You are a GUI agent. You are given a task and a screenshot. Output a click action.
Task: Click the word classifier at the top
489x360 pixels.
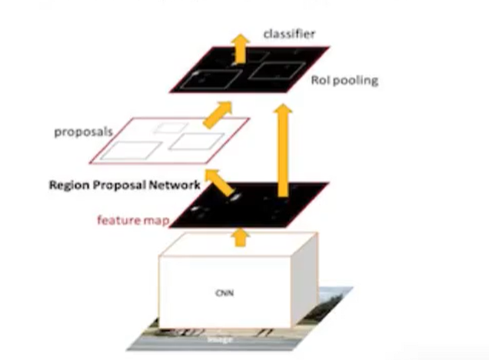point(290,35)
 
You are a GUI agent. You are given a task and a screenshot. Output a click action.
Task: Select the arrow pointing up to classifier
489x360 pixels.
point(240,48)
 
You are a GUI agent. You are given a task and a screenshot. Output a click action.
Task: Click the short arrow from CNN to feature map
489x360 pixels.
point(240,237)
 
